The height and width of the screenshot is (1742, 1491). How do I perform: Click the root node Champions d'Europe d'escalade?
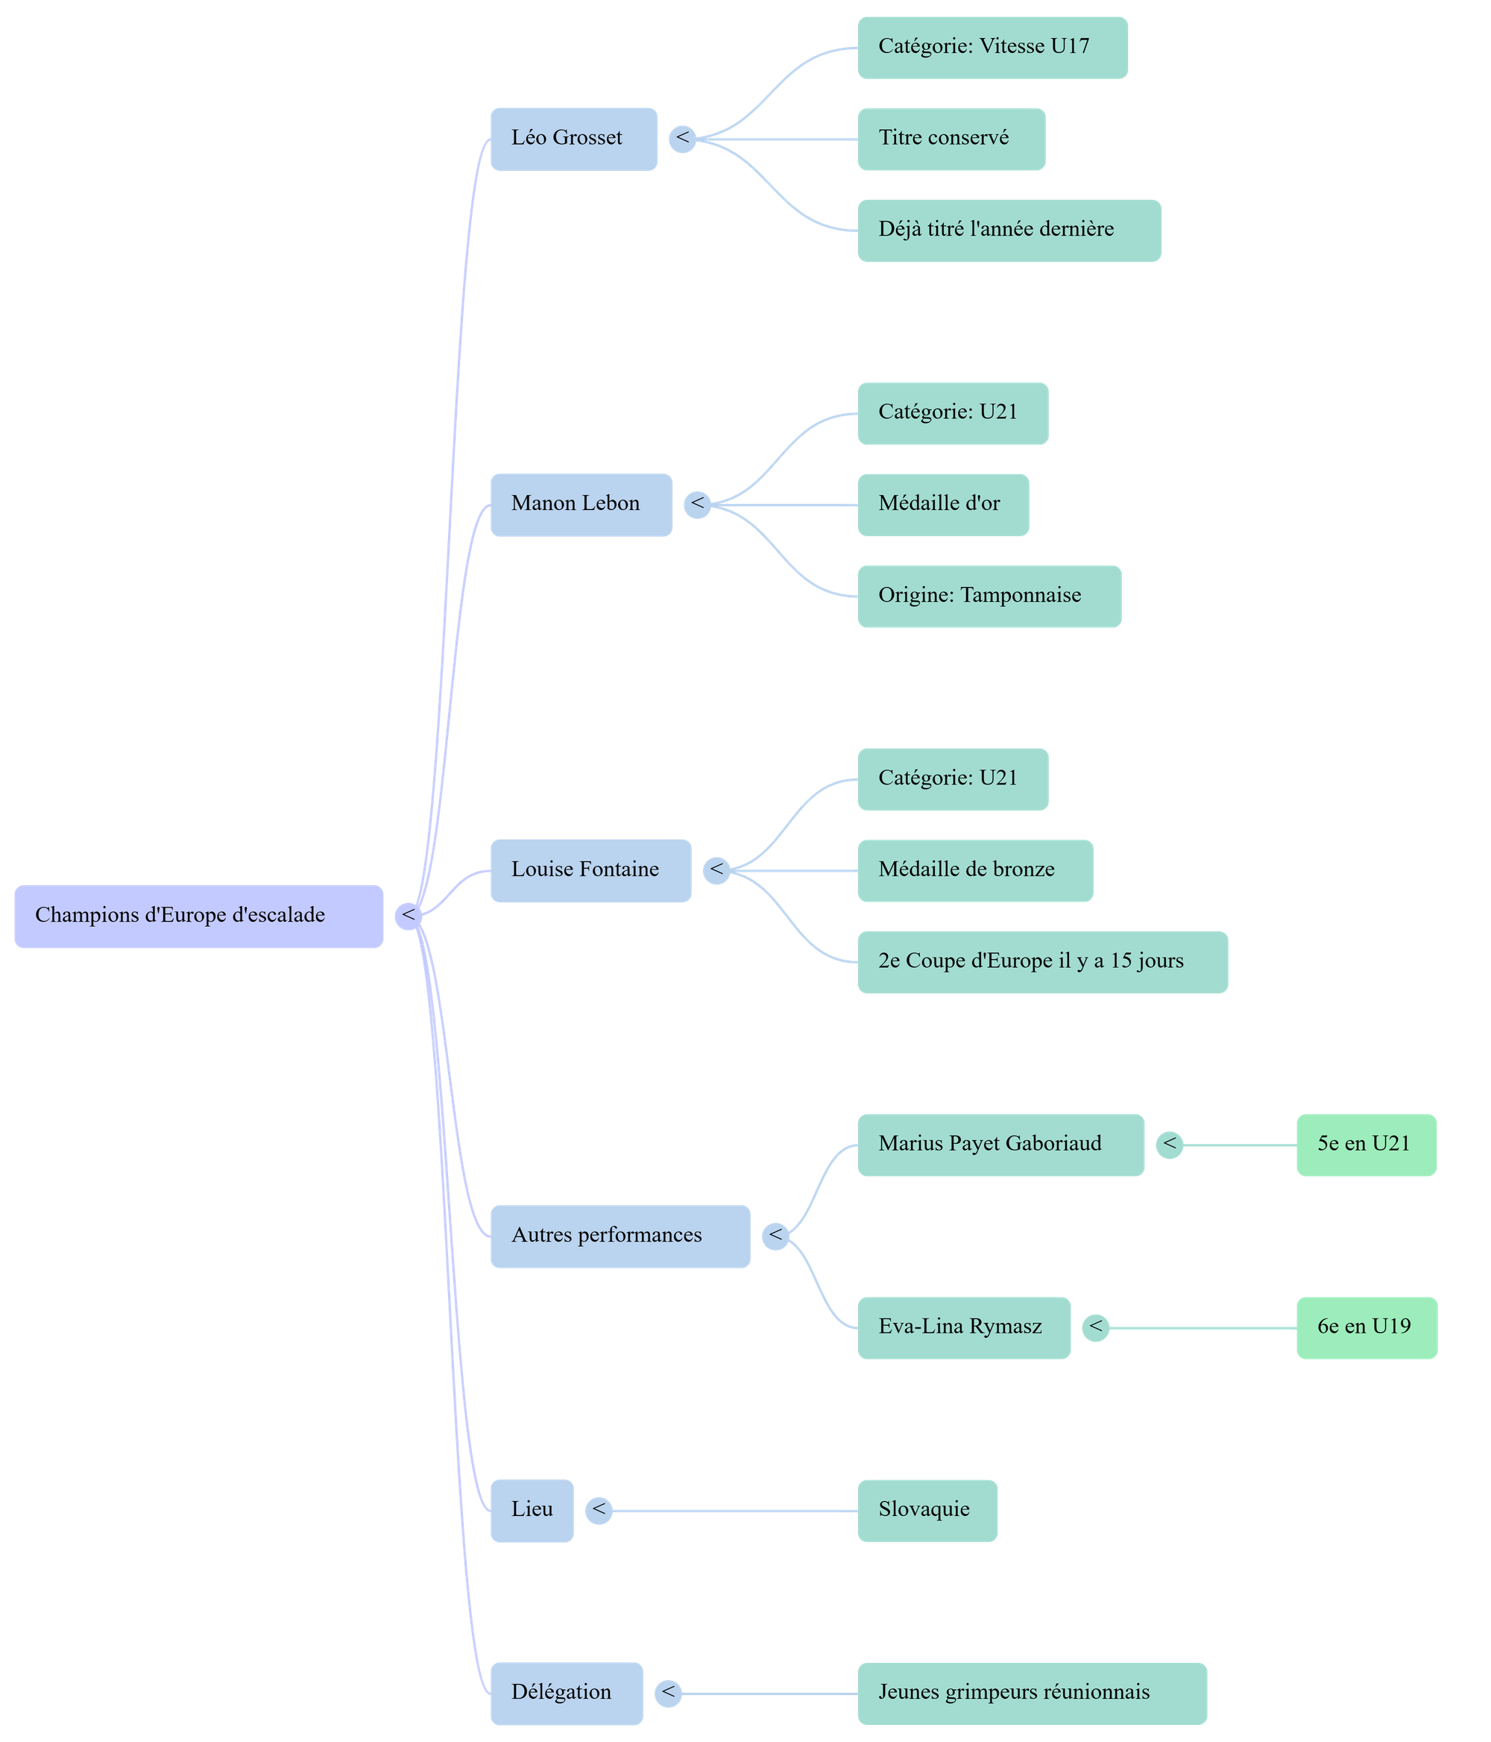tap(198, 916)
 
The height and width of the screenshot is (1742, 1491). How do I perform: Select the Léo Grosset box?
tap(573, 139)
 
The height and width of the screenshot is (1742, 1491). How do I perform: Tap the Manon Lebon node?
tap(581, 504)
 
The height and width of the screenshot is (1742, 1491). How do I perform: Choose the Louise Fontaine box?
tap(590, 870)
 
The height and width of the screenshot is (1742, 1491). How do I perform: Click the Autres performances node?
tap(620, 1236)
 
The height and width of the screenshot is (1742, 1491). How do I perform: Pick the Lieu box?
tap(532, 1510)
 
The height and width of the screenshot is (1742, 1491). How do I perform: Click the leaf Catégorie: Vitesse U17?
tap(992, 47)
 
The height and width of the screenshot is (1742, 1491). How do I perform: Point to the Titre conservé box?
tap(951, 139)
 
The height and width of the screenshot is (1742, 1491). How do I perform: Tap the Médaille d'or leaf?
tap(942, 504)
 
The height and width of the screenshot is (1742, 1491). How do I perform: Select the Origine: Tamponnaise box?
tap(989, 596)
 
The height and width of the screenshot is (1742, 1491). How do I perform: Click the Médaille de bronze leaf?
tap(975, 870)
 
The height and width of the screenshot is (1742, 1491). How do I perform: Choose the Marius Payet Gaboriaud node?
tap(1000, 1144)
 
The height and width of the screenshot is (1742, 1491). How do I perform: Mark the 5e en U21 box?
tap(1366, 1144)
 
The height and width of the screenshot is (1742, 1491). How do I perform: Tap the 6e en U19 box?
tap(1366, 1327)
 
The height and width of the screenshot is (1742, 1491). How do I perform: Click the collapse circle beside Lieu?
tap(599, 1510)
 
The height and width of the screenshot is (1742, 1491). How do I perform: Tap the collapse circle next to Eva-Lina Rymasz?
tap(1096, 1327)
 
